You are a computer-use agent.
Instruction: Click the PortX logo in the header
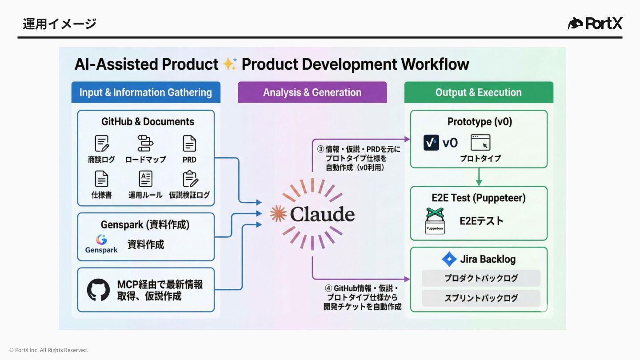(595, 23)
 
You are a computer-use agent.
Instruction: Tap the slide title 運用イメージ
(60, 24)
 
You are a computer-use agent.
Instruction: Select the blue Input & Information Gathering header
(146, 92)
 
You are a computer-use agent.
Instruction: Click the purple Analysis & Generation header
(312, 92)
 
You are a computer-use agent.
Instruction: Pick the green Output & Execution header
(479, 92)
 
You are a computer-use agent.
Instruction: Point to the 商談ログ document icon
(102, 144)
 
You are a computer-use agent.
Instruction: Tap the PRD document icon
(189, 144)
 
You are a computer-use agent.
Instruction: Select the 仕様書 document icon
(102, 179)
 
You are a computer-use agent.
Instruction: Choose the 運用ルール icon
(145, 179)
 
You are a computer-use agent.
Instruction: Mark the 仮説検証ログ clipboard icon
(190, 179)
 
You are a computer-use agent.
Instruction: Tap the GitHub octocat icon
(98, 290)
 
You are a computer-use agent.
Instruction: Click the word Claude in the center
(322, 214)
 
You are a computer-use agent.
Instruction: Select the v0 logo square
(431, 143)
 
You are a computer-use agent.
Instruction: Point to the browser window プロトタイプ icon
(480, 143)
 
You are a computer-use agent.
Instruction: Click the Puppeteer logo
(435, 221)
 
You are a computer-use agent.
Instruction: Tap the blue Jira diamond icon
(449, 259)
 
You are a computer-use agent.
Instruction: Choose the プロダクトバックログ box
(481, 278)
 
